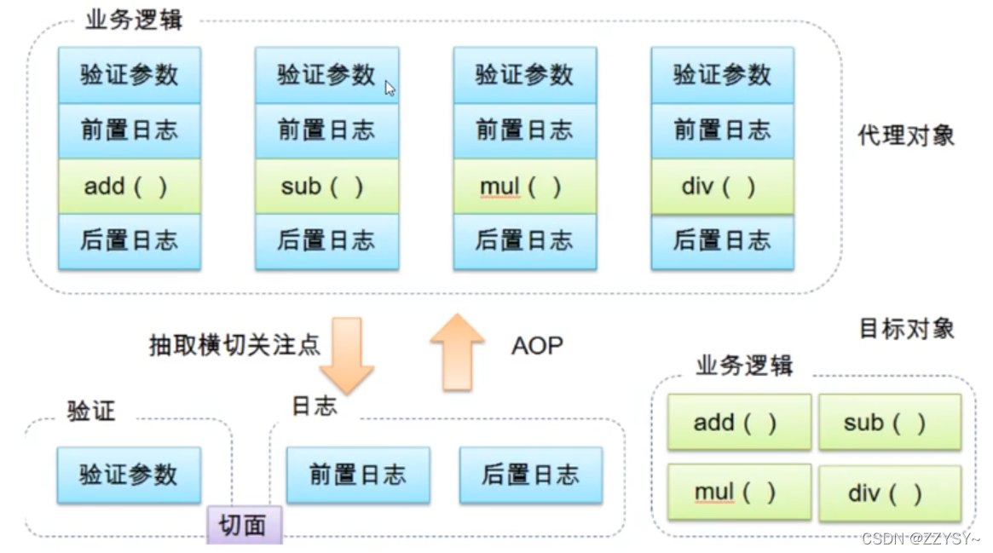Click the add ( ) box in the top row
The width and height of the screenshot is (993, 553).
[x=130, y=187]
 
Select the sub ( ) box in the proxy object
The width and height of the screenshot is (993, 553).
[x=326, y=187]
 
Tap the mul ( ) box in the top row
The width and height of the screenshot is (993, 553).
[x=524, y=187]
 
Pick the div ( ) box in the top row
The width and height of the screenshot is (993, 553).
[x=722, y=187]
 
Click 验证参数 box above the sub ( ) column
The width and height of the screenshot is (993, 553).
[x=326, y=75]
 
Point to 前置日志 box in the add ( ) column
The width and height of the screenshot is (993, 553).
[x=130, y=130]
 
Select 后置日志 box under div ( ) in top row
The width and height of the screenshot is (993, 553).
[x=722, y=241]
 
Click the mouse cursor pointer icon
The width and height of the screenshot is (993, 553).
[x=390, y=88]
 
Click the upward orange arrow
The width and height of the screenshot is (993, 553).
[x=457, y=351]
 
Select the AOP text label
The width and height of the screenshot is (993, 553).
[x=537, y=346]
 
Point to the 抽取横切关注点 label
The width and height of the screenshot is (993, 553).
[x=234, y=345]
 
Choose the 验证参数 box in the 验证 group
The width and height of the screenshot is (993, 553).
[x=129, y=475]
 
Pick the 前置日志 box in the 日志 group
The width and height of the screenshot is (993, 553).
[x=358, y=475]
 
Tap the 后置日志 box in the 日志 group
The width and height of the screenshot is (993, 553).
[x=530, y=475]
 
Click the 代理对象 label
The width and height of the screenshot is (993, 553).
[x=906, y=135]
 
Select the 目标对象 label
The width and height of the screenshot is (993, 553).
[x=906, y=329]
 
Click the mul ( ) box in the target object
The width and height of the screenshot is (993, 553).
[x=739, y=493]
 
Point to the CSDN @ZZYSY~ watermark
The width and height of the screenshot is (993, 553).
[x=921, y=539]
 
